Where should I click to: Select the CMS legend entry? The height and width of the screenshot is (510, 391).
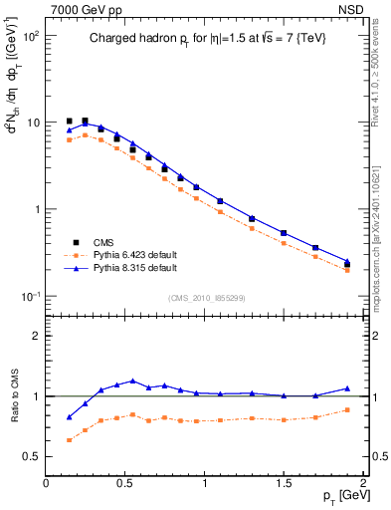pos(110,242)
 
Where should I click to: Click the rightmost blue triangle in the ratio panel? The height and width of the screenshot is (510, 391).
pos(347,388)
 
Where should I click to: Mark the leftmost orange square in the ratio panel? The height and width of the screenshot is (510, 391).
pos(69,439)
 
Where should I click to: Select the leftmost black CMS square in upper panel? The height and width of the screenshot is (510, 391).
pos(69,122)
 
